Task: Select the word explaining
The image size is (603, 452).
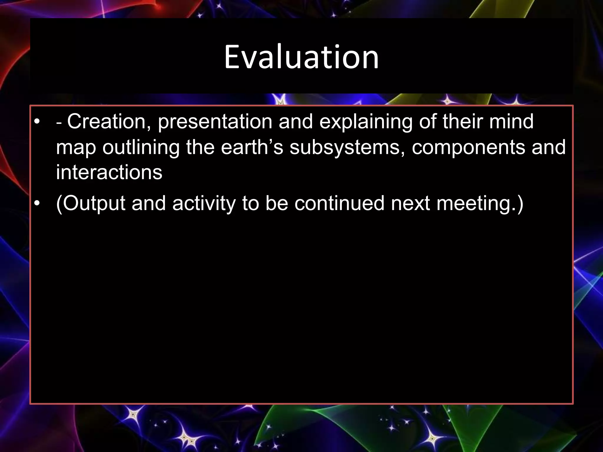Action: click(x=366, y=122)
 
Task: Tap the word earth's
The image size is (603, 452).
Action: click(x=252, y=147)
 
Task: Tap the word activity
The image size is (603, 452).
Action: click(x=204, y=203)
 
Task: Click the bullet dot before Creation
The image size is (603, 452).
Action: click(x=36, y=122)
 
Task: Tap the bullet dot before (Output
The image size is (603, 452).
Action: click(x=36, y=203)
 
